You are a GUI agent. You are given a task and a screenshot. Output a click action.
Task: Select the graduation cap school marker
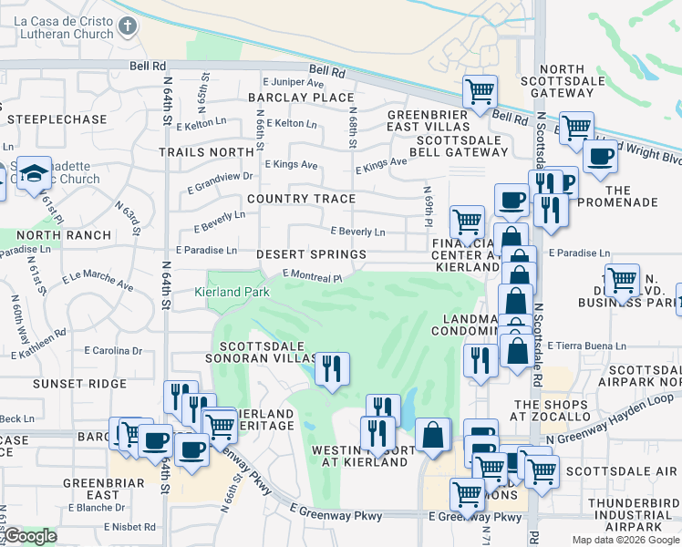(x=35, y=174)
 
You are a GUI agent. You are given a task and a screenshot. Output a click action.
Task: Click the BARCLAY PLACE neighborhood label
(x=301, y=98)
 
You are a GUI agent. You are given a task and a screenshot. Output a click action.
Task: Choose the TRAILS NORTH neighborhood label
(x=205, y=152)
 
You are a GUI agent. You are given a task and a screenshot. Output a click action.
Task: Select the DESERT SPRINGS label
(x=311, y=254)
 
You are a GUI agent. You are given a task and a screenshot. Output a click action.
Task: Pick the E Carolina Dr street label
(x=114, y=350)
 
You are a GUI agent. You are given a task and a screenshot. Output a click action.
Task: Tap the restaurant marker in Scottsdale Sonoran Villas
(x=331, y=368)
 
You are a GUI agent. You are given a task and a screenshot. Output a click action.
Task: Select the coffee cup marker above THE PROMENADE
(x=599, y=157)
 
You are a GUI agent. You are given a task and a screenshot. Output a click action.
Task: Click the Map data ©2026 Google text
(x=625, y=540)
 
